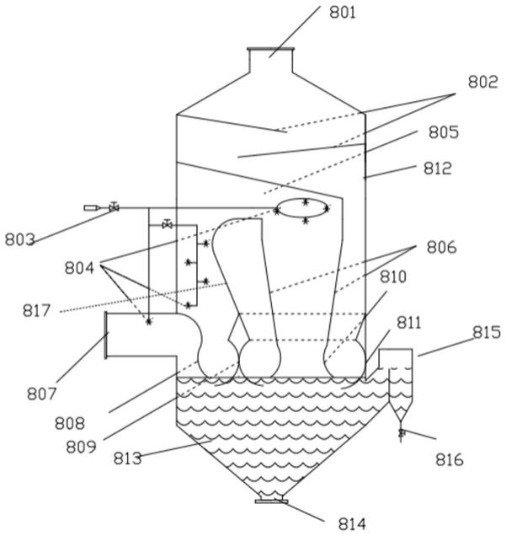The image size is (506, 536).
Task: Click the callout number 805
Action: tap(443, 132)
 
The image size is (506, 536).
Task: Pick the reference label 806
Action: tap(440, 248)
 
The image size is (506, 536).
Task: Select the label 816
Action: tap(446, 460)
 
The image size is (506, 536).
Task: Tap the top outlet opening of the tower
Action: tap(270, 51)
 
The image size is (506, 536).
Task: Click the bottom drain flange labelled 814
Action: tap(270, 501)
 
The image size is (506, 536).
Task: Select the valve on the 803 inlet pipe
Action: tap(114, 206)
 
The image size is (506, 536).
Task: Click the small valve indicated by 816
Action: tap(401, 433)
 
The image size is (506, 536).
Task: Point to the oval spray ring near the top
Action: tap(302, 210)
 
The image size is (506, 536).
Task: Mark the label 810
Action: tap(392, 276)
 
